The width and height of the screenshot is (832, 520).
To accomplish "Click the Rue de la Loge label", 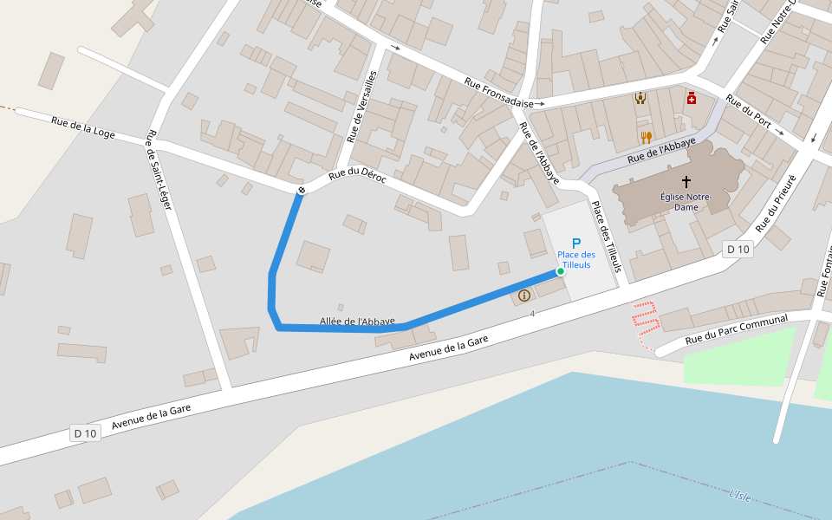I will point(83,127).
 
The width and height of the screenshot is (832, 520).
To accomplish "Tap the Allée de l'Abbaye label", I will point(357,322).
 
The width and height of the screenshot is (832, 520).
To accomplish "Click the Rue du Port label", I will point(749,111).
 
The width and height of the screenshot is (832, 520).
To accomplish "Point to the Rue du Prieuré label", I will point(775,201).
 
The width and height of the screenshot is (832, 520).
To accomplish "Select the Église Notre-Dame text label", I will point(686,202).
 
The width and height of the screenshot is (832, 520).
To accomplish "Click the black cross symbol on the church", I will point(686,182).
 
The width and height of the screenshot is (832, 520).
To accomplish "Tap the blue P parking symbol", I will point(576,244).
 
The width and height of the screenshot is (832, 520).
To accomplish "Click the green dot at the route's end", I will point(561,271).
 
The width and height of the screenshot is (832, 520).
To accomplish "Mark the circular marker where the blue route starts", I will point(301,191).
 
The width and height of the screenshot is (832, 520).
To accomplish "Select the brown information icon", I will point(524,296).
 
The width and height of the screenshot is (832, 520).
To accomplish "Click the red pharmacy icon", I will point(691,98).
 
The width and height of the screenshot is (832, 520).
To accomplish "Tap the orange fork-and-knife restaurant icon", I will point(646,137).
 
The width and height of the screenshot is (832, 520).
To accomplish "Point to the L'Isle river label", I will point(740,496).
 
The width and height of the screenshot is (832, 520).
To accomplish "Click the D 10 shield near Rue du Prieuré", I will point(738,250).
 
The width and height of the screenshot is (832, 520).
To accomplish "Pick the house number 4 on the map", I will point(532,313).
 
